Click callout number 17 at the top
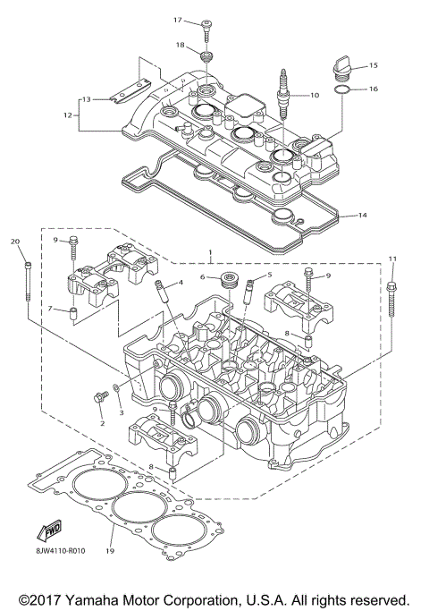177,20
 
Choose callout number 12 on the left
66,115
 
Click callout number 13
87,98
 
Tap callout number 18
180,45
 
